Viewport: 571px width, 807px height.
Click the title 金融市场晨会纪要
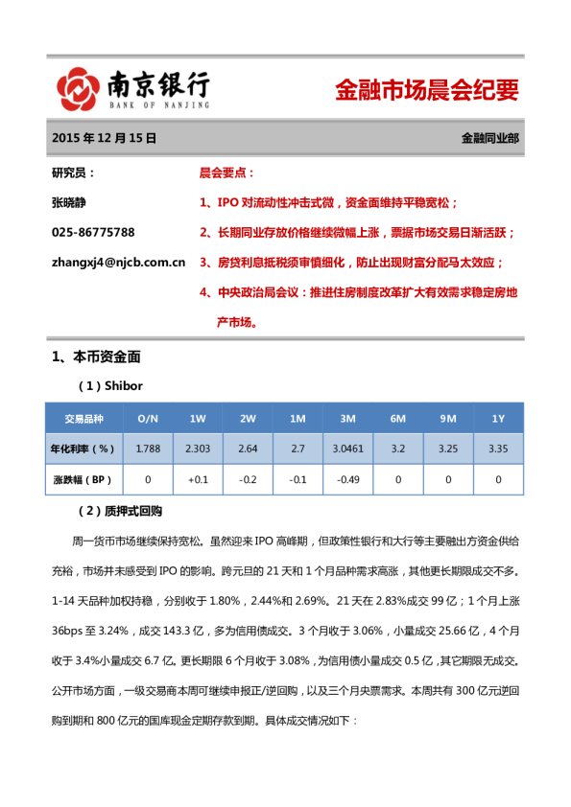(x=426, y=91)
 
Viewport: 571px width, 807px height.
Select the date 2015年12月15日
(x=104, y=138)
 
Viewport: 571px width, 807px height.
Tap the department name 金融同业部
(x=489, y=138)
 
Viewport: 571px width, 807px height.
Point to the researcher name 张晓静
(x=70, y=203)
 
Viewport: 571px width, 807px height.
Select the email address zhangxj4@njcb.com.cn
(x=118, y=261)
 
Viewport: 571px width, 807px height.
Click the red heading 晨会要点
(x=226, y=173)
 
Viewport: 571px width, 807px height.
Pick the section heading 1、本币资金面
(x=96, y=357)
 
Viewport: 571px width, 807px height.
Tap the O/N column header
(x=148, y=419)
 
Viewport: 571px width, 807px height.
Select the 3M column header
(x=347, y=419)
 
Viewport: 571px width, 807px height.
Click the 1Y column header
(x=498, y=419)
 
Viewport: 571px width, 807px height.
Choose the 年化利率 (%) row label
(x=83, y=448)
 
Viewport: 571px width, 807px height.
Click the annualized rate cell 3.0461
(x=347, y=448)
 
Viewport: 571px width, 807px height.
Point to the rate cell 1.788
(x=148, y=448)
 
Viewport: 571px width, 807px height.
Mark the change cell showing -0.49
(x=347, y=478)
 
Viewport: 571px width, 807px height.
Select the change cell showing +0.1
(x=198, y=478)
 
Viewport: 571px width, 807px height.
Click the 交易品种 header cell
(x=83, y=419)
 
